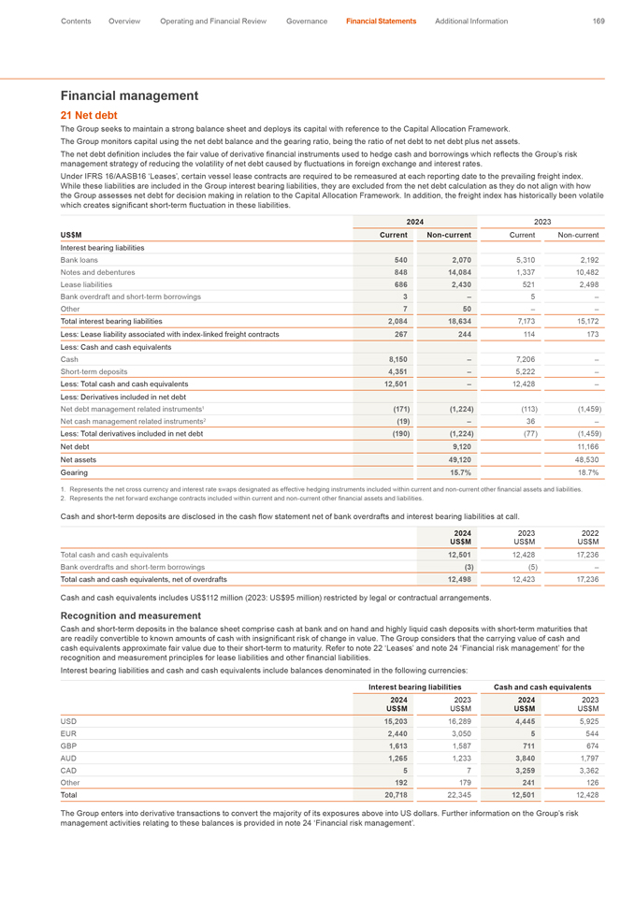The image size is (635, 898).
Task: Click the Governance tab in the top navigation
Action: [307, 21]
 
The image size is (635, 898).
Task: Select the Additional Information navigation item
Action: [471, 21]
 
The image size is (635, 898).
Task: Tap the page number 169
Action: [599, 21]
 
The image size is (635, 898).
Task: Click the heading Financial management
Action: [129, 95]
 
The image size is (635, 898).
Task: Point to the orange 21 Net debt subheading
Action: [89, 115]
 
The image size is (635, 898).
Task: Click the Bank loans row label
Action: [80, 258]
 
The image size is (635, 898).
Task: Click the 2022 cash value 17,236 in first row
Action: [585, 555]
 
